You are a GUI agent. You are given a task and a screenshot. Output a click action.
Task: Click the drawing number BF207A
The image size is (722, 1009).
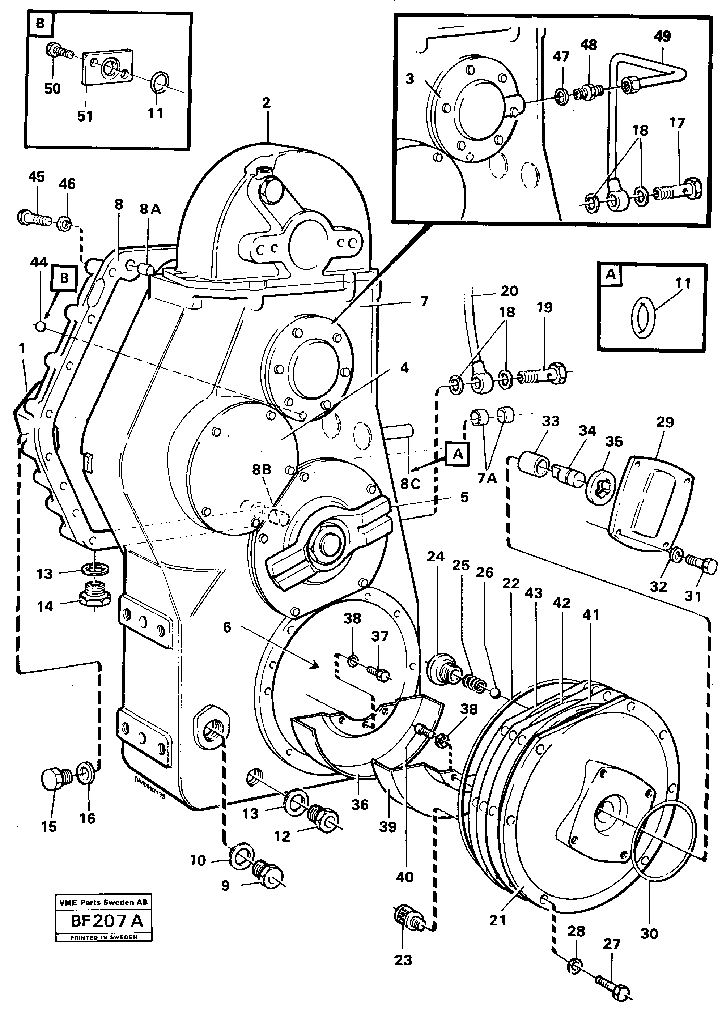pyautogui.click(x=107, y=920)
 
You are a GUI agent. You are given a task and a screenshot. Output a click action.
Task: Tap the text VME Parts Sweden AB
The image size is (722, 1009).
pyautogui.click(x=103, y=902)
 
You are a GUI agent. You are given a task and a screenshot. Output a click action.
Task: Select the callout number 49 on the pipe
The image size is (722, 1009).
pyautogui.click(x=662, y=37)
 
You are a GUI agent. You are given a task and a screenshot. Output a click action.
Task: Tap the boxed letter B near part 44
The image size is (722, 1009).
pyautogui.click(x=64, y=278)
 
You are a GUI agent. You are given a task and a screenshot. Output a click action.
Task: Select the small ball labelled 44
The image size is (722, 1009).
pyautogui.click(x=41, y=327)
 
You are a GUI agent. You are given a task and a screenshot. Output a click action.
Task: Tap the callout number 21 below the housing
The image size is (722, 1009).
pyautogui.click(x=497, y=920)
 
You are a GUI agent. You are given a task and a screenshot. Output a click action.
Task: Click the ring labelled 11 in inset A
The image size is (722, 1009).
pyautogui.click(x=643, y=318)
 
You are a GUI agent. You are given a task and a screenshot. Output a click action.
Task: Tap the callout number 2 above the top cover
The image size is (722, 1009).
pyautogui.click(x=266, y=103)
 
